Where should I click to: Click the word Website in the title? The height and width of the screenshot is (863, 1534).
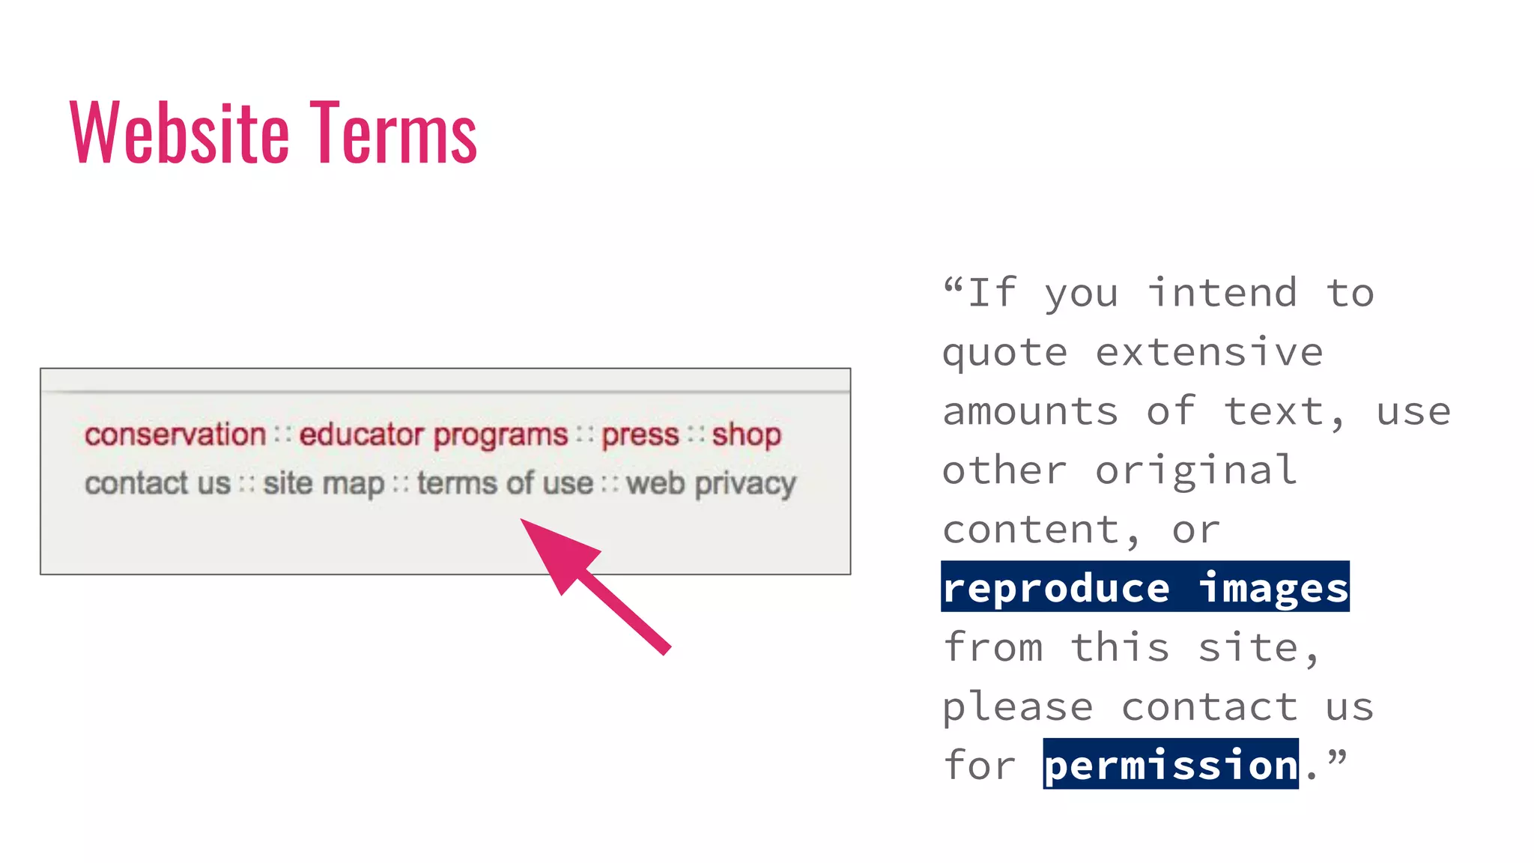click(x=179, y=133)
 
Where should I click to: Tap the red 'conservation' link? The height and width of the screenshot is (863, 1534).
click(x=175, y=434)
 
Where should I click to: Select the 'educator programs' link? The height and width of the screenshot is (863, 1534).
click(x=434, y=434)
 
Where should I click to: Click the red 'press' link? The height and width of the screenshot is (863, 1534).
click(x=640, y=434)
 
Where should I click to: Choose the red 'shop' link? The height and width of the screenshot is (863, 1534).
click(x=746, y=434)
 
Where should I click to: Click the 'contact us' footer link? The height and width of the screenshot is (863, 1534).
click(x=157, y=483)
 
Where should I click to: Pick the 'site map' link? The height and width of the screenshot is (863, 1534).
click(x=324, y=483)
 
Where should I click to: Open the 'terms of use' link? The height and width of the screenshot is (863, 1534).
click(x=506, y=483)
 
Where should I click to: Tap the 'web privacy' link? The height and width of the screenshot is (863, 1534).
click(x=711, y=483)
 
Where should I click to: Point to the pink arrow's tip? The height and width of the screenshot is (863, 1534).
click(x=524, y=521)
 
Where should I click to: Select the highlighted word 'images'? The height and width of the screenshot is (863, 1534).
click(x=1274, y=588)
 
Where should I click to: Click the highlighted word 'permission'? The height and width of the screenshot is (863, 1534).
click(x=1171, y=765)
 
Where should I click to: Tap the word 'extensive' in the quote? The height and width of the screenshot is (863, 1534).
click(x=1210, y=352)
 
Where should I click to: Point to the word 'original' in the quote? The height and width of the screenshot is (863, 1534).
click(x=1196, y=470)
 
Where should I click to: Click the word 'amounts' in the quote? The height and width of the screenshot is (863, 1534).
click(x=1031, y=411)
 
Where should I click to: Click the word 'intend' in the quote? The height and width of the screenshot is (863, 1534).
click(x=1222, y=293)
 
